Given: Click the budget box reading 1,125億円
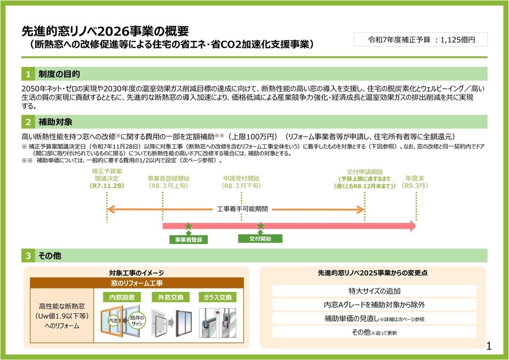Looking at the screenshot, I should [420, 40].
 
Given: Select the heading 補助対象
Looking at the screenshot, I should [55, 122].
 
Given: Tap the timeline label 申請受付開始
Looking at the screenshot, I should [241, 178].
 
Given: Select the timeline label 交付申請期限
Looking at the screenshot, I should [365, 172].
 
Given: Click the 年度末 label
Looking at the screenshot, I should [415, 178].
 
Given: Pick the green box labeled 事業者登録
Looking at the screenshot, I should [188, 239].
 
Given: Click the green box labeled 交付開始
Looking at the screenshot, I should [260, 238].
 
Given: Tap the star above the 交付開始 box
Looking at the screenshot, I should [260, 226].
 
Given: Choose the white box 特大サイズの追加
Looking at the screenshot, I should [374, 291].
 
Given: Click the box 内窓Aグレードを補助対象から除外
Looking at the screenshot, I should [374, 305].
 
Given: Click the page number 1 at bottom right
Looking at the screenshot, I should [490, 346].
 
